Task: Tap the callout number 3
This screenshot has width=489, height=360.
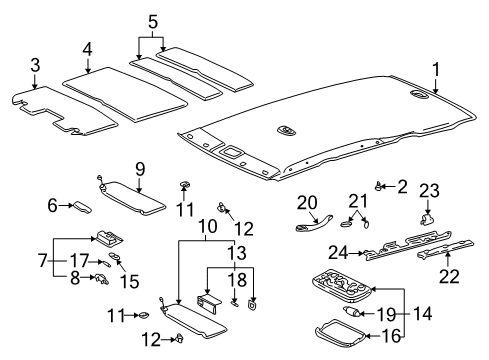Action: (35, 68)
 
